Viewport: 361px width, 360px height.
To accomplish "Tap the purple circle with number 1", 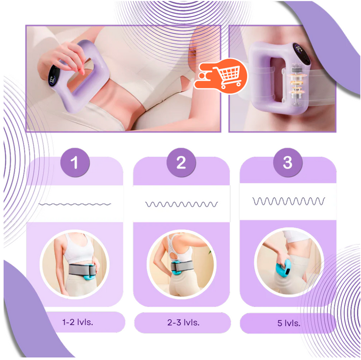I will [75, 162].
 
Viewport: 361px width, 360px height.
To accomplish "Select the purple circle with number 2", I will [181, 162].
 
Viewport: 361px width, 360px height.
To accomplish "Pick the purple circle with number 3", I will [287, 162].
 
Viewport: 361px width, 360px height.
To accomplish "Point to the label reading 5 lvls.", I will [288, 323].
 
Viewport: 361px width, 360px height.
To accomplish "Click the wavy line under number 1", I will [75, 204].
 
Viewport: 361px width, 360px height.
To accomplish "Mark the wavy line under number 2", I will [181, 204].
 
